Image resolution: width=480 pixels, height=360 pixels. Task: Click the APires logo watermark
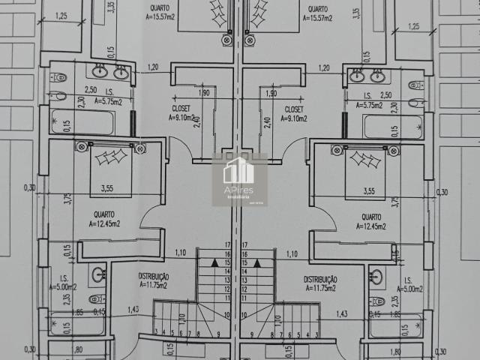[x=239, y=179]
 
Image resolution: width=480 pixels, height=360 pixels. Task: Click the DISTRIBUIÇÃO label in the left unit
[x=153, y=277]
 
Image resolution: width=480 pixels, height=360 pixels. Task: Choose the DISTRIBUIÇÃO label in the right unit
[x=320, y=279]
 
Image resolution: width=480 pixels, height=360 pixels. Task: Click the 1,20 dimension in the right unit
[x=324, y=68]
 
